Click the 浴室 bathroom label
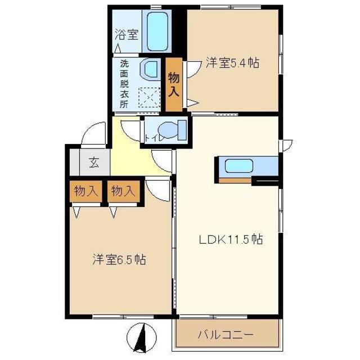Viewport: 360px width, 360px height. pos(127,34)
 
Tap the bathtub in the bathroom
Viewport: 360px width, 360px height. pos(160,30)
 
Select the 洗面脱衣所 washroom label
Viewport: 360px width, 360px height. pos(124,83)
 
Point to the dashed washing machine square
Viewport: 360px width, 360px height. pos(150,99)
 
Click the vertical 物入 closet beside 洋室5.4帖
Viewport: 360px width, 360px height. pos(174,84)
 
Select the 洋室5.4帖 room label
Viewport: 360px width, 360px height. pos(232,63)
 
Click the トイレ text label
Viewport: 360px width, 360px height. pos(154,137)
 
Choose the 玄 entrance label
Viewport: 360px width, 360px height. pos(93,164)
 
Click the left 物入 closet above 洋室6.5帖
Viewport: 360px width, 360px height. pos(85,191)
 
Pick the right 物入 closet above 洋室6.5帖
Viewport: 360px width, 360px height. pos(123,191)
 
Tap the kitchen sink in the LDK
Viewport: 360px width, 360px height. pos(238,166)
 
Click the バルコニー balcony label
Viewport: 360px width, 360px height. pos(225,335)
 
